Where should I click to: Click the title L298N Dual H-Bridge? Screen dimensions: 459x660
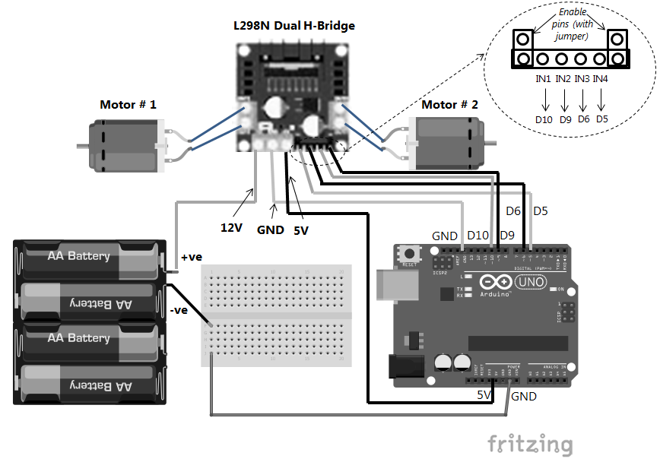tap(294, 26)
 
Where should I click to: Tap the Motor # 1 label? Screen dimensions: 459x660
tap(128, 104)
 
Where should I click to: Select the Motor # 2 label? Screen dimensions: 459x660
tap(449, 104)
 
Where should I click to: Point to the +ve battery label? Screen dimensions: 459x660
tap(192, 257)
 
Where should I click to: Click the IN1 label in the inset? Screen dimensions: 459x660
tap(544, 78)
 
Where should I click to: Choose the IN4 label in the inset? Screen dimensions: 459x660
tap(601, 78)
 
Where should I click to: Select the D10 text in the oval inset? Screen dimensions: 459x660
tap(544, 119)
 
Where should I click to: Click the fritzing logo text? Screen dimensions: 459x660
tap(529, 443)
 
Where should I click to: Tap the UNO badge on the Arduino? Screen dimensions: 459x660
tap(529, 282)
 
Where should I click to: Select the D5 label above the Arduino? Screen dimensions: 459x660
tap(541, 211)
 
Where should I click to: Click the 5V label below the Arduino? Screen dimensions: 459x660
tap(484, 395)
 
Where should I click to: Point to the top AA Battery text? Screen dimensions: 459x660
tap(79, 256)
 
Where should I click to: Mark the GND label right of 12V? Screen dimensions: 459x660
tap(270, 230)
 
